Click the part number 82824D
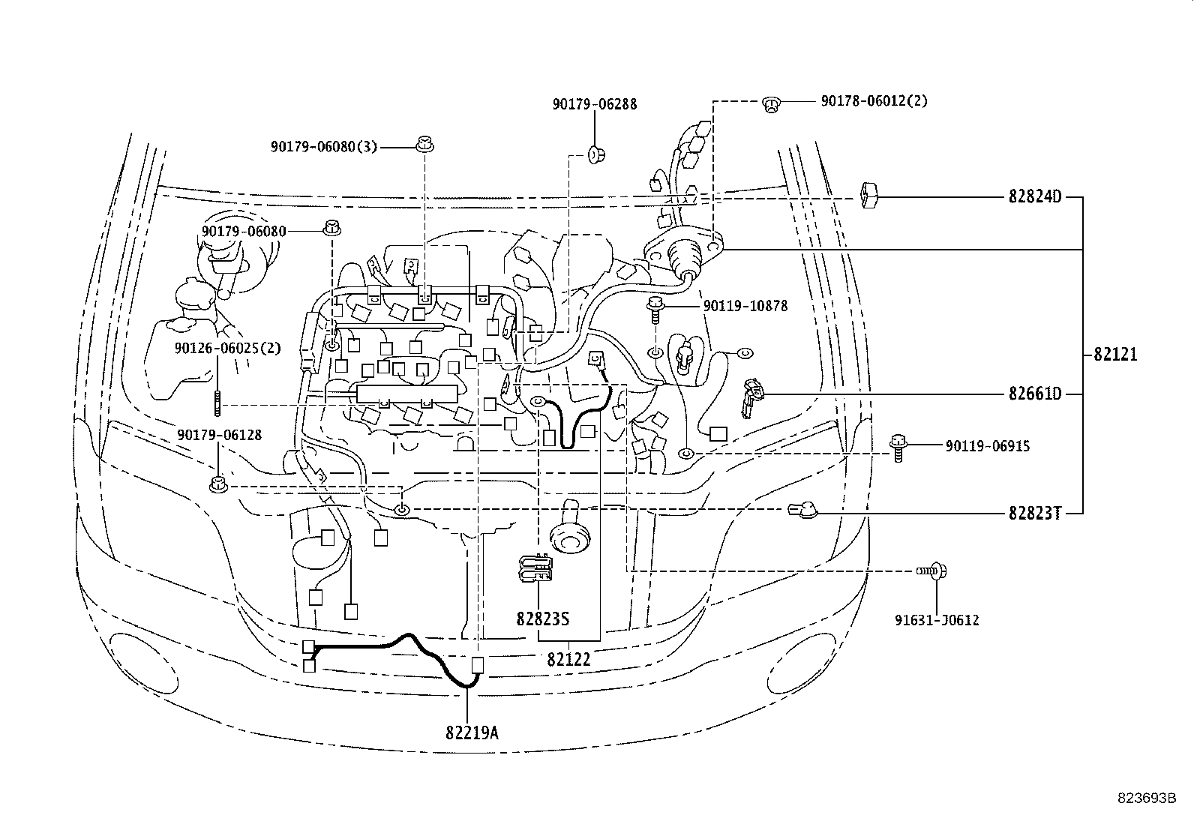pos(1034,196)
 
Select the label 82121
pos(1115,354)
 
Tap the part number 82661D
pos(1034,394)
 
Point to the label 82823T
pos(1034,514)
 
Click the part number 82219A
pos(472,733)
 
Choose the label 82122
pos(568,659)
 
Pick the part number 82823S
pos(543,619)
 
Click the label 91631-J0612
pos(937,620)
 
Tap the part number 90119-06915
pos(987,445)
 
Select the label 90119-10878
pos(745,305)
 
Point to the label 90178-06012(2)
pos(874,100)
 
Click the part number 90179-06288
pos(594,104)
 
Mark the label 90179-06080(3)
pos(323,146)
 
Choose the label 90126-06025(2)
pos(227,348)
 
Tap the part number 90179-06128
pos(219,435)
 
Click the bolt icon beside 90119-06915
pos(898,448)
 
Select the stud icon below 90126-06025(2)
pos(217,403)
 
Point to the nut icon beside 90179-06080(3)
pos(424,144)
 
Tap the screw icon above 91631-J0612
pos(931,571)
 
